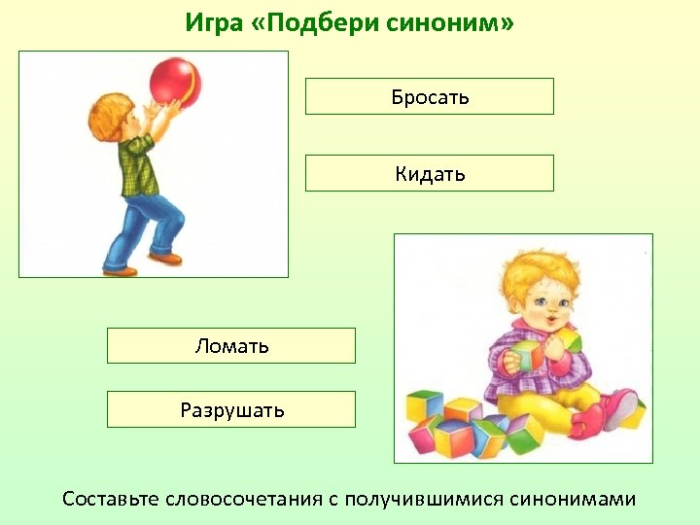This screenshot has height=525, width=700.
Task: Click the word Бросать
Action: (430, 96)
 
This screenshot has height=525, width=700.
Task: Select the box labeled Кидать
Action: (430, 174)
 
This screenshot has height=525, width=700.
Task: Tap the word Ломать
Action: (231, 346)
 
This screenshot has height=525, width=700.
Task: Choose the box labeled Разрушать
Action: (231, 409)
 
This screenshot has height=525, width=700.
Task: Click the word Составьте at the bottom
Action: (109, 499)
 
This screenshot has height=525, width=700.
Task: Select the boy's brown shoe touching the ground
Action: (121, 270)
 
